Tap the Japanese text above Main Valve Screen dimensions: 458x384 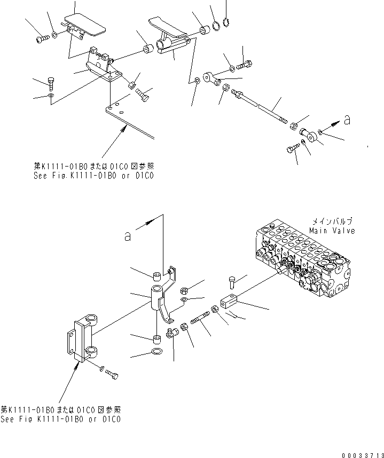pyautogui.click(x=332, y=221)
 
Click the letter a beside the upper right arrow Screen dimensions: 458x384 pyautogui.click(x=347, y=121)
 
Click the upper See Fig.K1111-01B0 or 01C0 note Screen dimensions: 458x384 pyautogui.click(x=92, y=175)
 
